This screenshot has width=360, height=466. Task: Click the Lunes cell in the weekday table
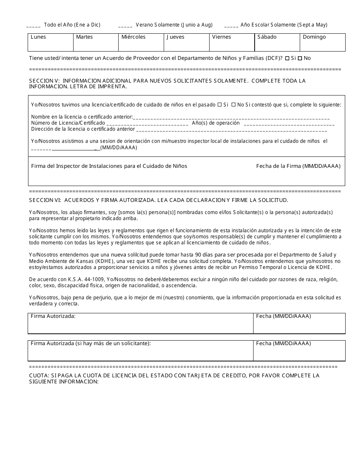(50, 42)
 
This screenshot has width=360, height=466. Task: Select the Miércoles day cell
(141, 42)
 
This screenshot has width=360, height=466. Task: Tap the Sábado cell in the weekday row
(277, 42)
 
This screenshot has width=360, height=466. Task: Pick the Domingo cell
(322, 42)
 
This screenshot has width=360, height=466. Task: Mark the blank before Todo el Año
(33, 25)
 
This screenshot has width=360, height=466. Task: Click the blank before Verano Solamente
(125, 25)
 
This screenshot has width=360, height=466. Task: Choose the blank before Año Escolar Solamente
(231, 25)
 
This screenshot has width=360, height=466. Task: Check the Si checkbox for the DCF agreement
(287, 58)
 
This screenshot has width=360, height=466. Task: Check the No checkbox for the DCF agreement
(300, 58)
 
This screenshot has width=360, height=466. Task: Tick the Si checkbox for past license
(219, 105)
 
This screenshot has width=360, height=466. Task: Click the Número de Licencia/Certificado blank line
(147, 124)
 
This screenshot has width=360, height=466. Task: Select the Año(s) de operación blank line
(289, 124)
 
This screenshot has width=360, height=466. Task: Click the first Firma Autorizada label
(53, 316)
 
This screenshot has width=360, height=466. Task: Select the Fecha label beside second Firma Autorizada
(283, 343)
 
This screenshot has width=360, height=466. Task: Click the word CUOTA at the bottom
(38, 375)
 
